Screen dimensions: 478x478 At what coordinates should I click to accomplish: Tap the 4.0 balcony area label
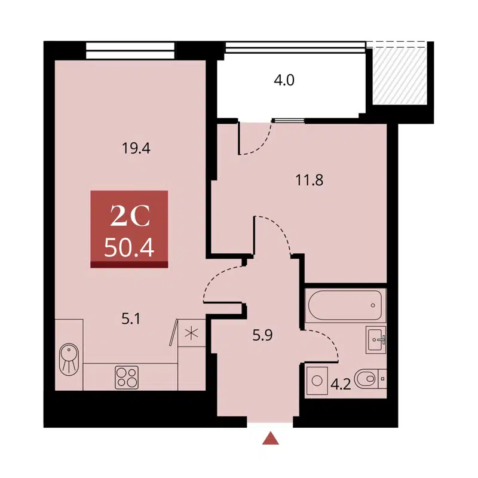click(x=284, y=80)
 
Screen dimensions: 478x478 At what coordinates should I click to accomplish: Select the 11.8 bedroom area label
click(x=310, y=179)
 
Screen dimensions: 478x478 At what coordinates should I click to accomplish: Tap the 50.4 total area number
click(x=129, y=247)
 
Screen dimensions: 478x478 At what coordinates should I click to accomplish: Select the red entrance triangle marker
click(x=272, y=439)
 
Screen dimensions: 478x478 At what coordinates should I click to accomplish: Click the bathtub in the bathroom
click(x=345, y=305)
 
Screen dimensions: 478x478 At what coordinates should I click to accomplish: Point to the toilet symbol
click(x=368, y=378)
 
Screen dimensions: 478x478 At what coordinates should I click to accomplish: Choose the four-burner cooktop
click(x=126, y=376)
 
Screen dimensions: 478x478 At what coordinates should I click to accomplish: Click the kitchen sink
click(x=69, y=356)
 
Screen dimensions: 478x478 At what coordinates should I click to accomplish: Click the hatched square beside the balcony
click(x=399, y=75)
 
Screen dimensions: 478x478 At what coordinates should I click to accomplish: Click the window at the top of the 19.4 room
click(x=130, y=50)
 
